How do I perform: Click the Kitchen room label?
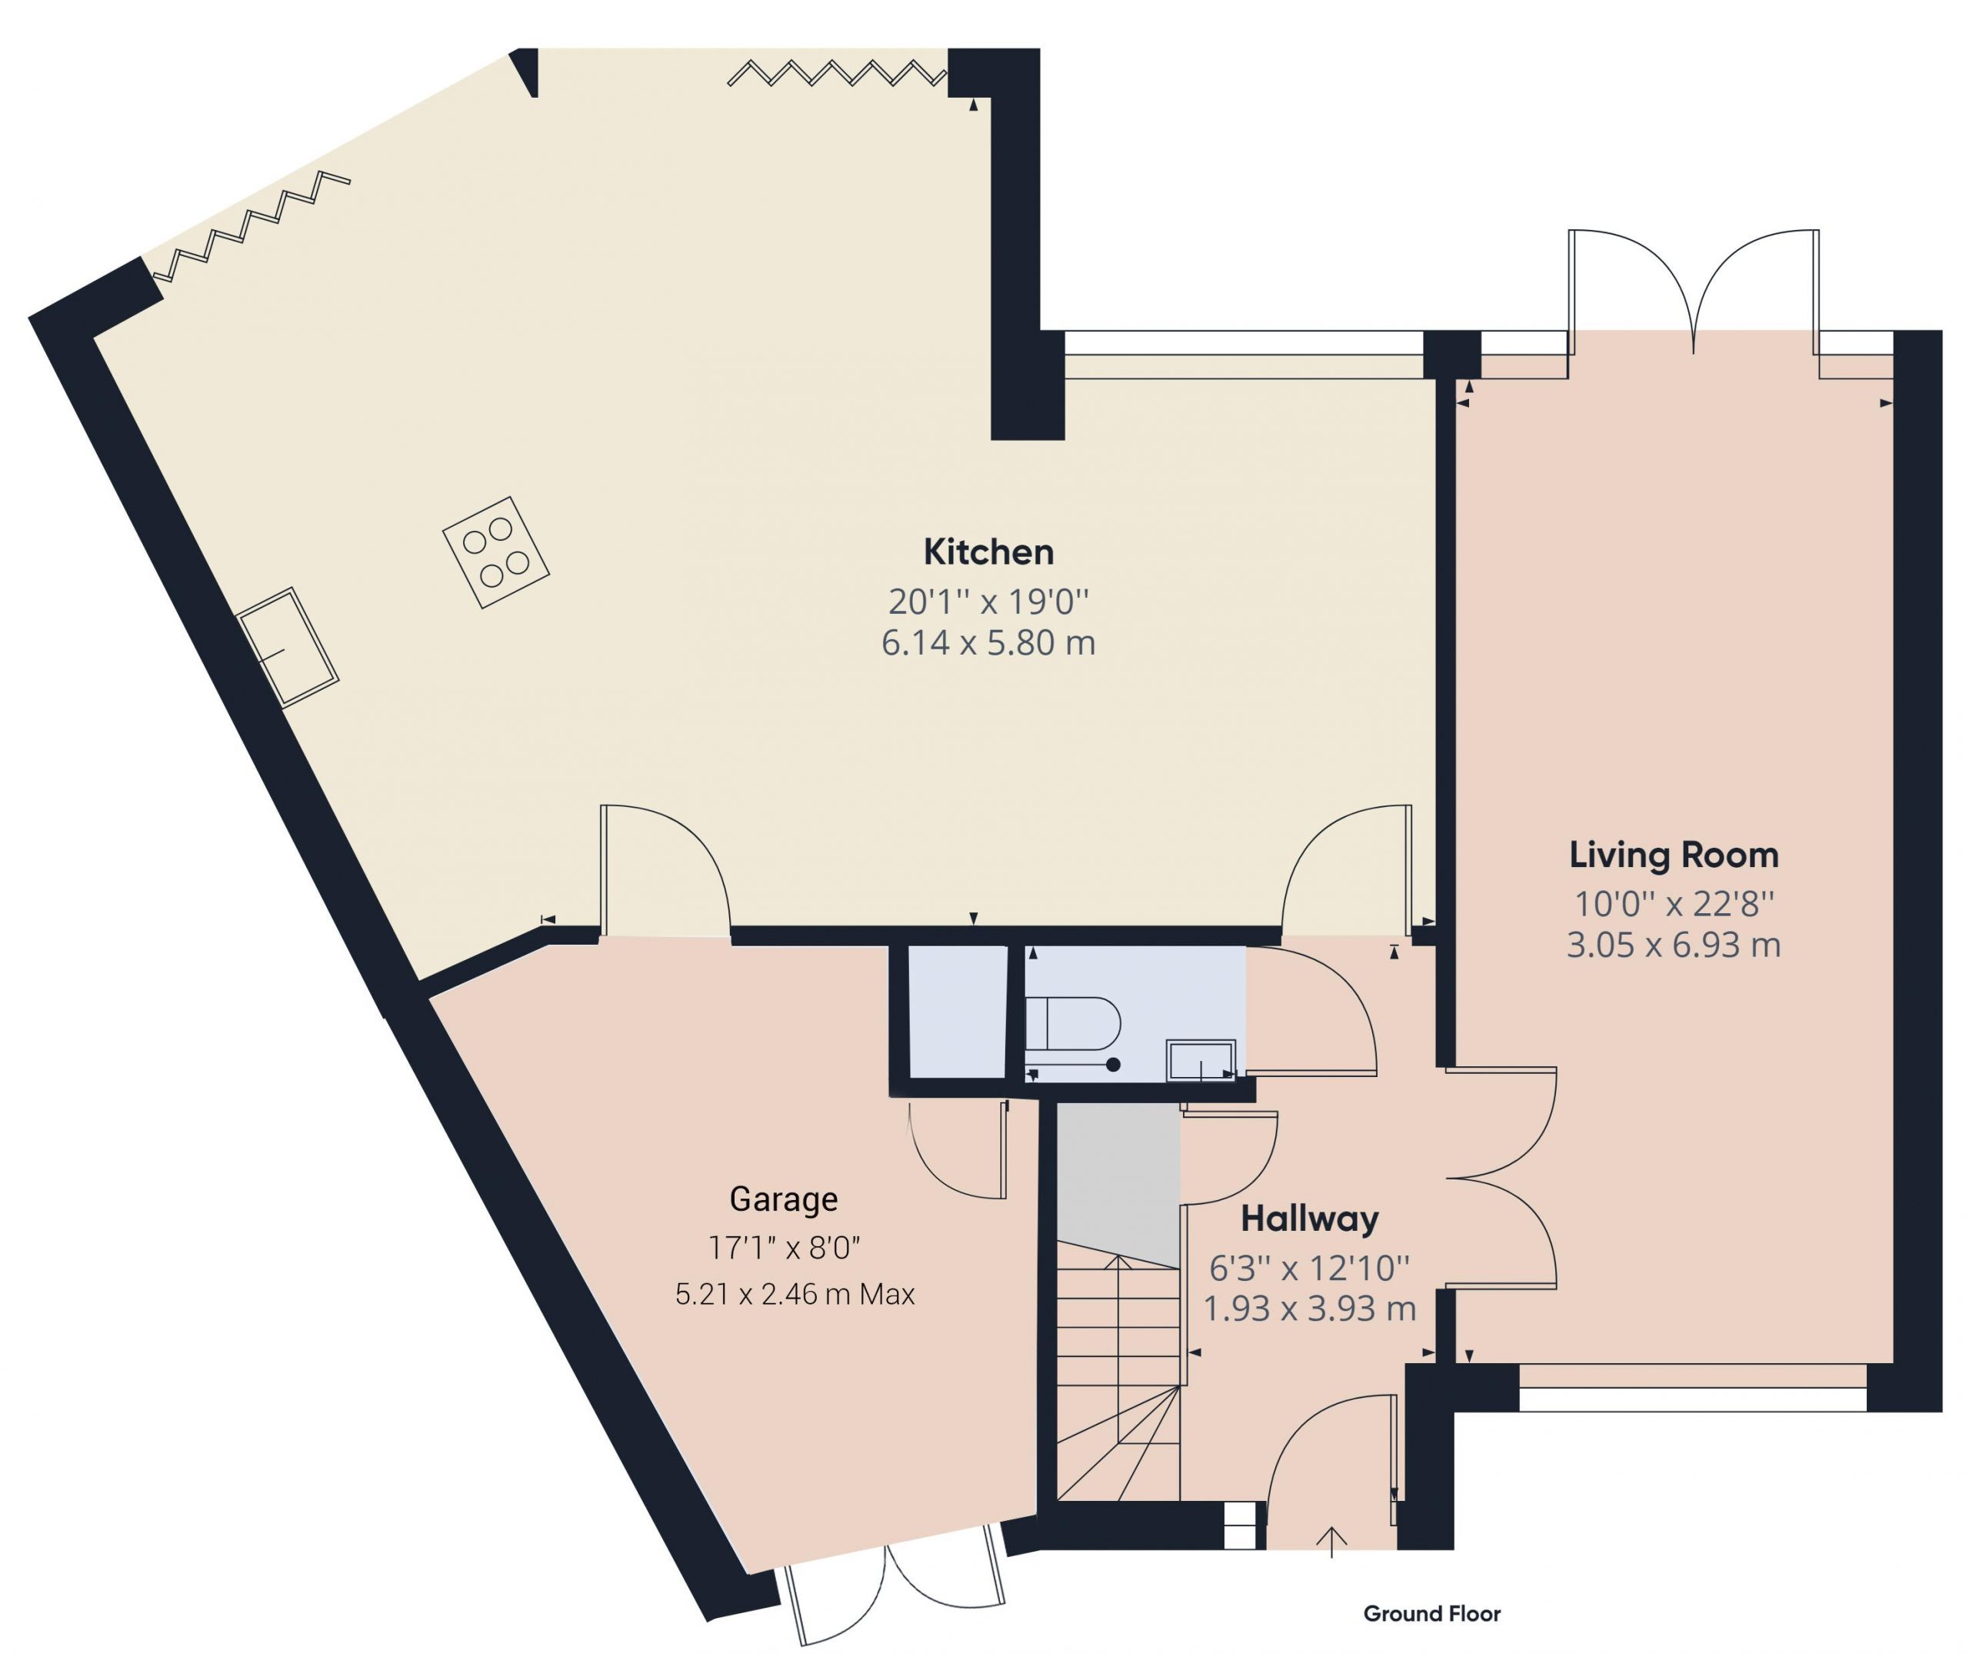pyautogui.click(x=988, y=552)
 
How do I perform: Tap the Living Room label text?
pyautogui.click(x=1674, y=855)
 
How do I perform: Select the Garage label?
pyautogui.click(x=784, y=1199)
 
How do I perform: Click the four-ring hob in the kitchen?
pyautogui.click(x=496, y=552)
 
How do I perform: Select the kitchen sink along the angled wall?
pyautogui.click(x=287, y=647)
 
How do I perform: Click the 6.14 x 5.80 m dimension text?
pyautogui.click(x=988, y=643)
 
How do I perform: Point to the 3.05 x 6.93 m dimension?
pyautogui.click(x=1674, y=945)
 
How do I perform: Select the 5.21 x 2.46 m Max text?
pyautogui.click(x=795, y=1294)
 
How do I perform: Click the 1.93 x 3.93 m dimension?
pyautogui.click(x=1310, y=1308)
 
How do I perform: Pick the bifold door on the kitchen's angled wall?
pyautogui.click(x=252, y=226)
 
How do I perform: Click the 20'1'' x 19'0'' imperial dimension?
pyautogui.click(x=988, y=600)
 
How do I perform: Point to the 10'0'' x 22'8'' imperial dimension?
pyautogui.click(x=1674, y=904)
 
